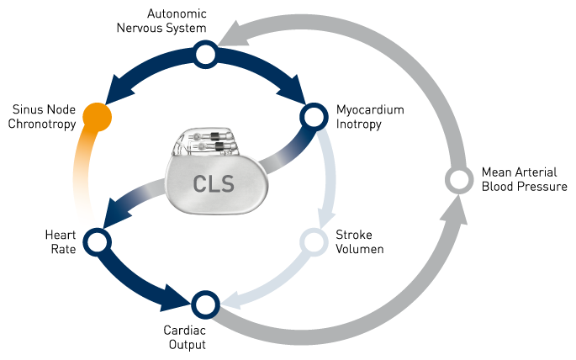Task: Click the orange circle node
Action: click(x=98, y=116)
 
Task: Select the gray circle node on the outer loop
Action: click(x=459, y=179)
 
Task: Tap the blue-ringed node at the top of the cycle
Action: click(x=206, y=56)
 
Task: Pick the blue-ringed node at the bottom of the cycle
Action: click(x=205, y=303)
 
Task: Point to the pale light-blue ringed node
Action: click(x=314, y=242)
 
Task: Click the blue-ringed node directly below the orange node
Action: click(x=98, y=242)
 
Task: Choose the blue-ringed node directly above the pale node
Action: click(x=314, y=116)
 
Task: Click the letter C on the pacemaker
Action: click(x=200, y=183)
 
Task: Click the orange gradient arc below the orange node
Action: click(x=82, y=168)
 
